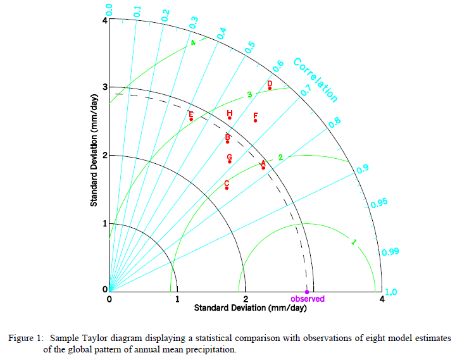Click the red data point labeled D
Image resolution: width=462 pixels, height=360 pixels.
click(270, 88)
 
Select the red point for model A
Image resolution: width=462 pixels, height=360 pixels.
click(263, 168)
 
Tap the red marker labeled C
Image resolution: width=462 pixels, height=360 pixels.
click(227, 188)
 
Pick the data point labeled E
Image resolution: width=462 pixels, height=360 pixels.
click(191, 119)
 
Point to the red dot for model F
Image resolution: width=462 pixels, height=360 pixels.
click(255, 120)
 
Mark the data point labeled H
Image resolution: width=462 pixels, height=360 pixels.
click(230, 118)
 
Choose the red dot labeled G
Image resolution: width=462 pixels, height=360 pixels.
click(230, 161)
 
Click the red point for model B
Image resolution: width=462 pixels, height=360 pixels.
click(227, 142)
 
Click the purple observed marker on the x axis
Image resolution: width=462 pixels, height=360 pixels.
click(307, 291)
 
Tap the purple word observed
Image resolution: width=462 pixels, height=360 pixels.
click(308, 299)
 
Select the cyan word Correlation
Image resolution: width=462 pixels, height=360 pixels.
click(316, 80)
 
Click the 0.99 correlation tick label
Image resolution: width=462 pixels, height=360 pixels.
click(391, 252)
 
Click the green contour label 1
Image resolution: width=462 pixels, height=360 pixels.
click(353, 242)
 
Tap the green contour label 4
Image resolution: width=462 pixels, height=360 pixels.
click(193, 43)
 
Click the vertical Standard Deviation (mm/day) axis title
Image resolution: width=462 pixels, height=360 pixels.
click(94, 151)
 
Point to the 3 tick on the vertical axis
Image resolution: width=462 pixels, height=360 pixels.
click(104, 87)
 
